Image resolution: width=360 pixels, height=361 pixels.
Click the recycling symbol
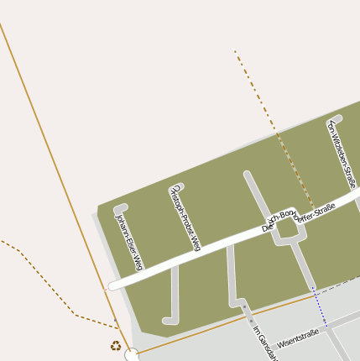pyautogui.click(x=115, y=344)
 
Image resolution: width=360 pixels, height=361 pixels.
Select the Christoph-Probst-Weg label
pyautogui.click(x=185, y=217)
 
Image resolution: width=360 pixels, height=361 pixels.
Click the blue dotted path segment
pyautogui.click(x=320, y=307)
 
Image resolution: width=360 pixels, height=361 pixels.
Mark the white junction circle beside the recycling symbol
pyautogui.click(x=131, y=356)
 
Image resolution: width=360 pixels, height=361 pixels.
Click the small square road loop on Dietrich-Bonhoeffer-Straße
pyautogui.click(x=286, y=226)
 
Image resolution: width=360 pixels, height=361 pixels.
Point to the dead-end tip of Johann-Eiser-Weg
pyautogui.click(x=119, y=207)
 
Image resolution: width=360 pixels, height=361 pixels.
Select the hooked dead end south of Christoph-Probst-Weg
pyautogui.click(x=167, y=320)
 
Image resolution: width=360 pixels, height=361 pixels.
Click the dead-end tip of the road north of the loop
pyautogui.click(x=248, y=175)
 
